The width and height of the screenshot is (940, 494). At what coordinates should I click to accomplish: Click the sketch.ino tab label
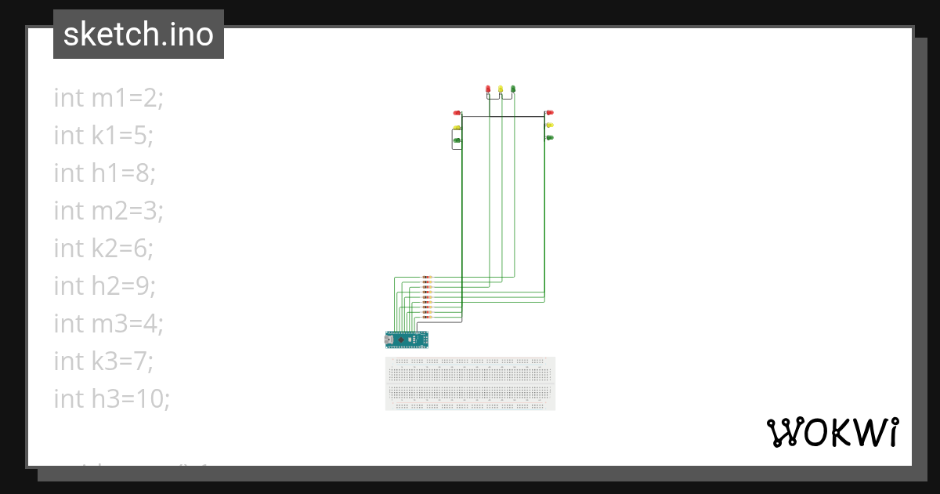[x=138, y=35]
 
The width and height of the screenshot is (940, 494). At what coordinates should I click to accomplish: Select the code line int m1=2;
[x=108, y=97]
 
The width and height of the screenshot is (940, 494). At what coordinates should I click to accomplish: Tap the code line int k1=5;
[x=103, y=135]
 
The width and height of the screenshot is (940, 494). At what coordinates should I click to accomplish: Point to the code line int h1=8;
[x=104, y=173]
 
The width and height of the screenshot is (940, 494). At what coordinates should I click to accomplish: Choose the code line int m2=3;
[x=108, y=210]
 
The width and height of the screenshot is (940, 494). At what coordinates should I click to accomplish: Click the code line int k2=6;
[x=103, y=248]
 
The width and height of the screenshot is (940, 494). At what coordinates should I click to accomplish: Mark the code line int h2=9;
[x=104, y=285]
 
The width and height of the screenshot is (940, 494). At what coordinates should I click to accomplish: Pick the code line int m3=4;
[x=108, y=323]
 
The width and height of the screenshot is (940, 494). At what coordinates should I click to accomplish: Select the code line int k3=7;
[x=103, y=361]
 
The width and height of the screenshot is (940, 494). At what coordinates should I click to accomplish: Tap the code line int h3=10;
[x=111, y=398]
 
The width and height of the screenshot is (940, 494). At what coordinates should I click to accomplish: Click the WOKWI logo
[x=833, y=432]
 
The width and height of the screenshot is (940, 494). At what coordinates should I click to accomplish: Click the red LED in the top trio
[x=488, y=89]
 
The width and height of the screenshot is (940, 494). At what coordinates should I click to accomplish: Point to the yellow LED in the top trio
[x=501, y=89]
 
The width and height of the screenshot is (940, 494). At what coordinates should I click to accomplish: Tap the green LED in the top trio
[x=513, y=89]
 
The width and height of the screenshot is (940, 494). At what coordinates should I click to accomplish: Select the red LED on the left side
[x=457, y=114]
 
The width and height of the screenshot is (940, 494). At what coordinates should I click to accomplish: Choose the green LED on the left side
[x=457, y=140]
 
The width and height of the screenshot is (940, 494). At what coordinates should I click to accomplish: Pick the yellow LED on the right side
[x=550, y=125]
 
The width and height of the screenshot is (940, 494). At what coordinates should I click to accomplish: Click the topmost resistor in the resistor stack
[x=427, y=277]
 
